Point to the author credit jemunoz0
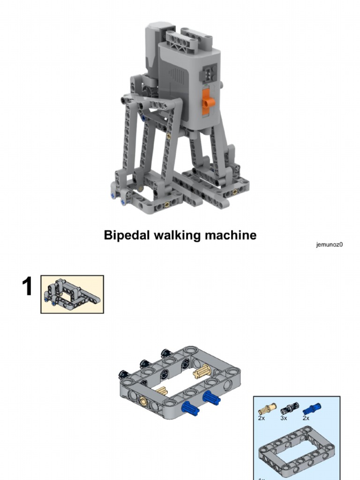tap(329, 244)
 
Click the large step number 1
tap(28, 287)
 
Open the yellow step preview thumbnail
tap(72, 294)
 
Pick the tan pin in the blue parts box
tap(267, 409)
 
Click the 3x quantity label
tap(284, 418)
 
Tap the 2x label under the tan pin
tap(262, 418)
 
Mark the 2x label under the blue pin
tap(306, 418)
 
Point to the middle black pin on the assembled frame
tap(144, 364)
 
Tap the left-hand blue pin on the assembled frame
tap(190, 408)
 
